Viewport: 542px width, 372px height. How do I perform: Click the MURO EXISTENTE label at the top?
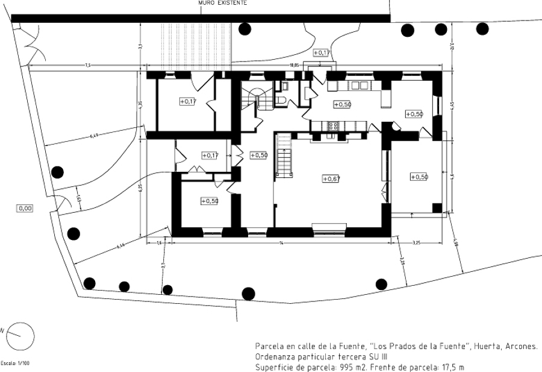(x=222, y=3)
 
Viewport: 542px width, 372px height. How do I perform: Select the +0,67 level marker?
(x=331, y=178)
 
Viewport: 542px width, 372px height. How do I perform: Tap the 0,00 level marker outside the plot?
(x=25, y=208)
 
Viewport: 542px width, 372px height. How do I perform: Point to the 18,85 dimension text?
(x=294, y=65)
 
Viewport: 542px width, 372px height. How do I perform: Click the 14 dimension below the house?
(x=280, y=242)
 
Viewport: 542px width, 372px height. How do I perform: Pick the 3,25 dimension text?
(x=416, y=242)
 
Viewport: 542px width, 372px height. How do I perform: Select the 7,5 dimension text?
(x=87, y=65)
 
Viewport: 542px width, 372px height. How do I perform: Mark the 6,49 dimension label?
(x=94, y=136)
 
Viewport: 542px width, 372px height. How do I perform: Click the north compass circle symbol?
(x=20, y=333)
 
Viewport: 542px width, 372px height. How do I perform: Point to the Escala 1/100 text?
(x=15, y=364)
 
